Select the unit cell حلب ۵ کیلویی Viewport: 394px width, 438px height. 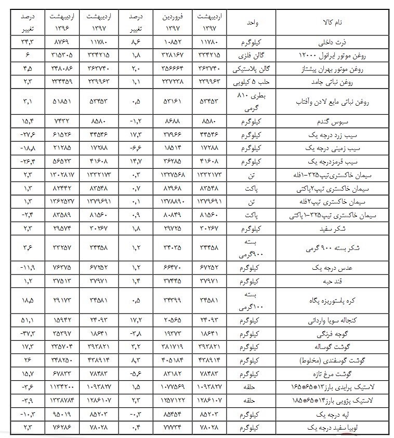pyautogui.click(x=252, y=81)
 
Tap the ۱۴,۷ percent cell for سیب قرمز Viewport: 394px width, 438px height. pyautogui.click(x=135, y=161)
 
